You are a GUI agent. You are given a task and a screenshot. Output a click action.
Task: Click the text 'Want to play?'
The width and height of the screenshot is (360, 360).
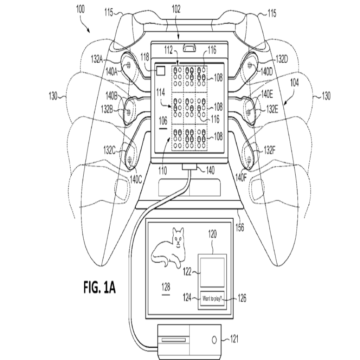[212, 299]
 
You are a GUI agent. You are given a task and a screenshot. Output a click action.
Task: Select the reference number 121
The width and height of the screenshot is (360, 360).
[234, 339]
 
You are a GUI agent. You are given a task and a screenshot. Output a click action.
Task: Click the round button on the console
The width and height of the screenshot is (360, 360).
[214, 340]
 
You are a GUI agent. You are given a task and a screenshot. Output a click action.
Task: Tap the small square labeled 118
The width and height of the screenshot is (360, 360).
[161, 70]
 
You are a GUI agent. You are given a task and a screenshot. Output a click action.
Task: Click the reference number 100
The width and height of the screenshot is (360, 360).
[80, 9]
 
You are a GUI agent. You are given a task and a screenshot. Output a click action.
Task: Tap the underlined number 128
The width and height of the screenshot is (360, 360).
[165, 287]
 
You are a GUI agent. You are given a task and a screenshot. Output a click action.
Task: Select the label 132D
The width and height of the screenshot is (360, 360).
[282, 59]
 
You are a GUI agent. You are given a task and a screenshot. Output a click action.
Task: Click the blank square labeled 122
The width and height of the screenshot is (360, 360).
[212, 272]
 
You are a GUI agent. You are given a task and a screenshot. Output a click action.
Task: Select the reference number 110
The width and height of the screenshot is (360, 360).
[163, 172]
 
